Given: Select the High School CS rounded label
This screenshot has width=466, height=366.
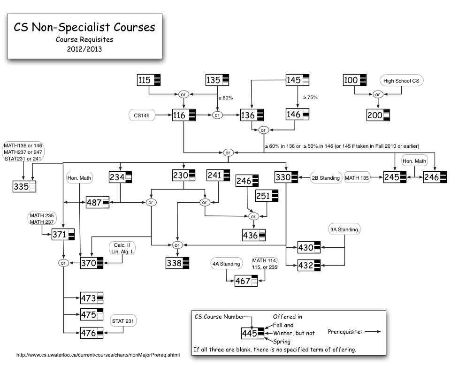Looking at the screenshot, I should coord(401,81).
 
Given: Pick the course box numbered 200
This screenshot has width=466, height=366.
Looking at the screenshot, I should coord(378,115).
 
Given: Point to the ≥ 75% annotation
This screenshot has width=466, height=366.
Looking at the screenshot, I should coord(310,98).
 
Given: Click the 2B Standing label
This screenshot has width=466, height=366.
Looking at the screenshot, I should coord(325,178).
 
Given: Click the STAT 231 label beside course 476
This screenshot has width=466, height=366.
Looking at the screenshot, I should coord(123,321).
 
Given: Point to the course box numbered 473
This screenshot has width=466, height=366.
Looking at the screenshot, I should coord(91,298).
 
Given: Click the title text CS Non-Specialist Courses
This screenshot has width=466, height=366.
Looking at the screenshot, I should coord(84,27).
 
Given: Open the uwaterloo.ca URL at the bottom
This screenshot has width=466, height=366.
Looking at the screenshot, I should coord(98,355).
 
